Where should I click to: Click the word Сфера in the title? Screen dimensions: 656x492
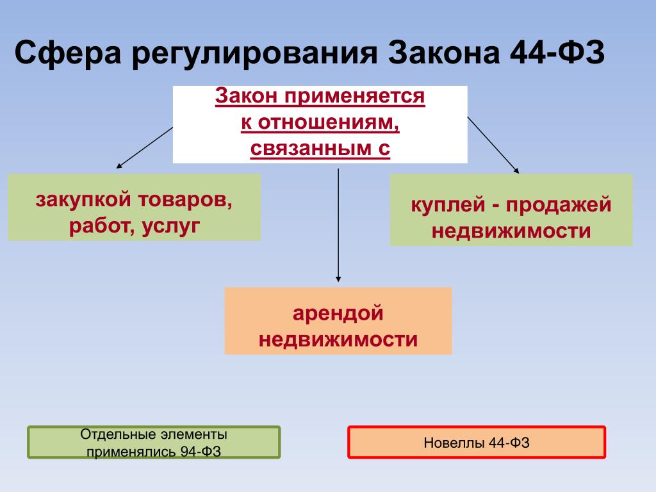click(68, 53)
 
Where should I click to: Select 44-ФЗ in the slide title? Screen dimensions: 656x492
click(557, 52)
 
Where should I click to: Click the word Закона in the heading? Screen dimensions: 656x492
click(444, 53)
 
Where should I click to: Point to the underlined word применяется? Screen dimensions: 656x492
click(355, 97)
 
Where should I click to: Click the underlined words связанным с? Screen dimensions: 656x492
click(320, 149)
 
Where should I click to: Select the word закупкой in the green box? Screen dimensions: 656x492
click(83, 200)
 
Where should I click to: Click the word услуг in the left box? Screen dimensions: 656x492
click(171, 226)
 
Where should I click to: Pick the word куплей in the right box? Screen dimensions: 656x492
click(448, 206)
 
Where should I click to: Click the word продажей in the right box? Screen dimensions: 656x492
click(559, 206)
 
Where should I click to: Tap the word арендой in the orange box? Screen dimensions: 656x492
click(338, 313)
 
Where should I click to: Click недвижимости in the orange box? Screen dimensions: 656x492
click(338, 340)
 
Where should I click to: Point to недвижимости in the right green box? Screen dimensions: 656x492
click(511, 231)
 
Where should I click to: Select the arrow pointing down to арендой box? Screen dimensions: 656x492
click(338, 225)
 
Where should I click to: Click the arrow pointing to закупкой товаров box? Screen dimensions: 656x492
click(144, 148)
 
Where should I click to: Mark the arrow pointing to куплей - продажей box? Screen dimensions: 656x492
click(493, 145)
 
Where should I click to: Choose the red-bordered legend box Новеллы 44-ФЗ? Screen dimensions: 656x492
click(477, 442)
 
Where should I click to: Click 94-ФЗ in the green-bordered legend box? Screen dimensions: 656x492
click(201, 452)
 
